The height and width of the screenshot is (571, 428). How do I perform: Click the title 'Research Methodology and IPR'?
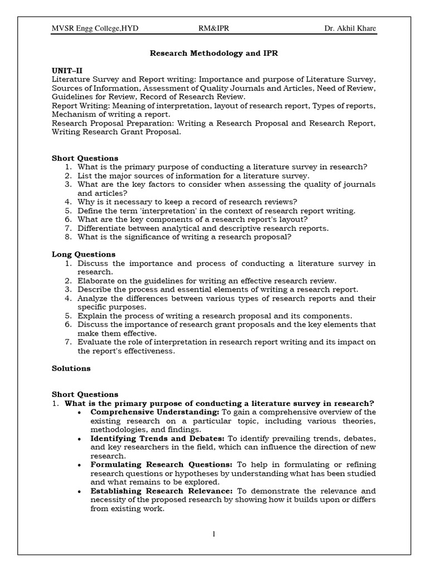coord(214,54)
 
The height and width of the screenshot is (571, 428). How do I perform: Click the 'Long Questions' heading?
coord(84,254)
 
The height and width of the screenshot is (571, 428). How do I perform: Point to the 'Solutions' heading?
coord(71,368)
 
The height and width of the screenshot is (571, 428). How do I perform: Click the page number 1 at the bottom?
coord(213,534)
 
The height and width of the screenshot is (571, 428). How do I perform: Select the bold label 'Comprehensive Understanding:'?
coord(155,412)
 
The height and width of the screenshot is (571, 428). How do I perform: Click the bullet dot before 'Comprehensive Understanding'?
coord(81,413)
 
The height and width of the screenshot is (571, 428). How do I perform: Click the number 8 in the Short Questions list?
coord(67,237)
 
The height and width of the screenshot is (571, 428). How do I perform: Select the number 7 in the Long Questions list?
coord(67,342)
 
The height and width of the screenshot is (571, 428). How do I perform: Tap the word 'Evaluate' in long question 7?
coord(94,342)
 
